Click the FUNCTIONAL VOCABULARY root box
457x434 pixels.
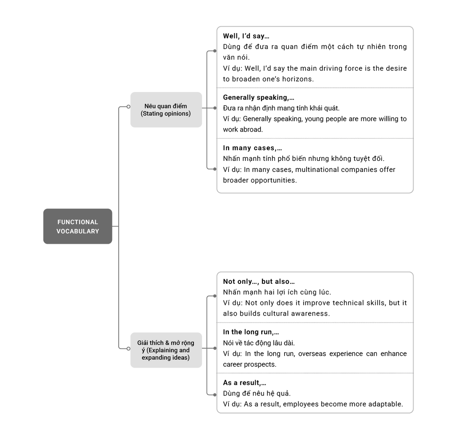[x=78, y=226]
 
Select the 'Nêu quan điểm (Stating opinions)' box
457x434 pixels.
[x=166, y=110]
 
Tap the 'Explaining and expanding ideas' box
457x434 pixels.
[x=166, y=350]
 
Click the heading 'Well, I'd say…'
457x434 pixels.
[x=246, y=36]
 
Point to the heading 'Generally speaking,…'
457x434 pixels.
[x=259, y=97]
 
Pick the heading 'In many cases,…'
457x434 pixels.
[x=252, y=148]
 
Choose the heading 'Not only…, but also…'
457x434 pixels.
[x=259, y=281]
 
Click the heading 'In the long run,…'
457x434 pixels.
[x=251, y=332]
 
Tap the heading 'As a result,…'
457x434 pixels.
[x=244, y=382]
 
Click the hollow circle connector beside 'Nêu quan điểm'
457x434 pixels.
[x=129, y=107]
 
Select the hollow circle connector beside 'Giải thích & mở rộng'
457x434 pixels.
[x=129, y=348]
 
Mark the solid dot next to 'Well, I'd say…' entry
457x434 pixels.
[x=215, y=51]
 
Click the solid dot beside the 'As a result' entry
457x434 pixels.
[x=215, y=395]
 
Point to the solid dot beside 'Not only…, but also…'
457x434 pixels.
[x=215, y=296]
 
